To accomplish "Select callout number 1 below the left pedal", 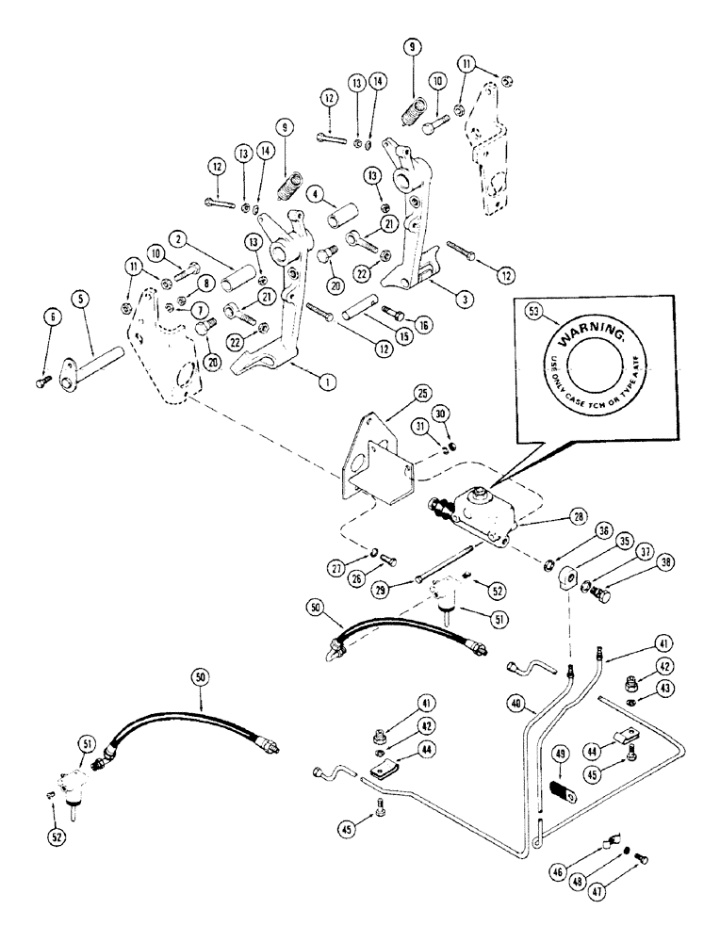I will click(325, 382).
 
